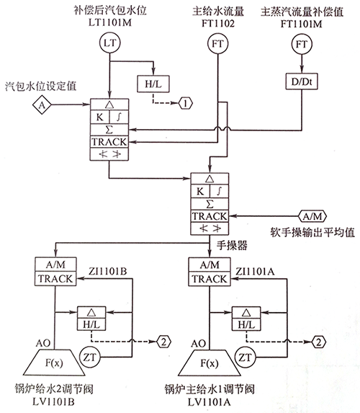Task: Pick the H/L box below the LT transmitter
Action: (153, 84)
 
